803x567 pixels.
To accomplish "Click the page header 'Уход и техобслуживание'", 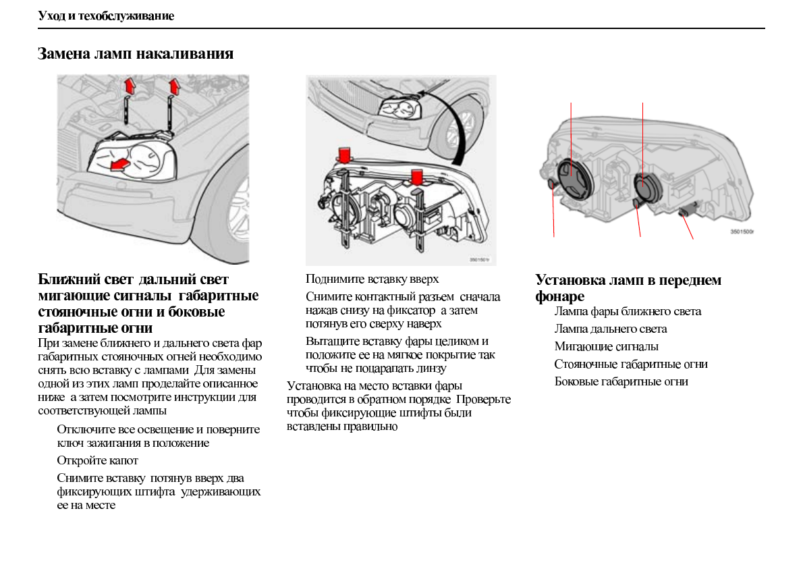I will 106,16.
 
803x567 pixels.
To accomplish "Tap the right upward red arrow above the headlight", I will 175,86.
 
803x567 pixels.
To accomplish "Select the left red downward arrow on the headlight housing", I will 345,155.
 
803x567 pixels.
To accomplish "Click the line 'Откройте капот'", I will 97,460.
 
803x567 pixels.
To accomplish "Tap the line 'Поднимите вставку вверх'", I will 372,279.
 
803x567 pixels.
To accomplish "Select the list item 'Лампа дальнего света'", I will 611,329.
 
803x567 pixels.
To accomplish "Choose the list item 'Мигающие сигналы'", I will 607,346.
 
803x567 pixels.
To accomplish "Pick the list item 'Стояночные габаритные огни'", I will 631,364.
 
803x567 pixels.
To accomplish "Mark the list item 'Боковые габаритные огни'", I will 621,381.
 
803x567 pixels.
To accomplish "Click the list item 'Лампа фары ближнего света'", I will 628,311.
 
